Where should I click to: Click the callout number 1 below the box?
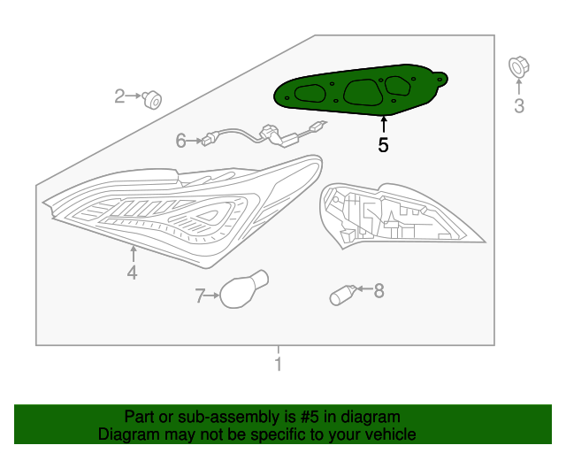click(x=278, y=364)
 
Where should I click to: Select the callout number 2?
click(x=119, y=96)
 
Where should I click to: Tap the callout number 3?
click(x=519, y=106)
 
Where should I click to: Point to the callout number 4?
click(x=132, y=273)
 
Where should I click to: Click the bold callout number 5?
click(x=383, y=145)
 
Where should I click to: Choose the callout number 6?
click(x=180, y=141)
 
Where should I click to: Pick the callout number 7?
click(x=200, y=296)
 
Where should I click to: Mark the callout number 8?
click(x=379, y=291)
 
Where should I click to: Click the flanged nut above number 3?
click(x=519, y=67)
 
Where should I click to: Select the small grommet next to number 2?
click(x=152, y=100)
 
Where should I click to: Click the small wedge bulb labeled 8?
click(x=343, y=296)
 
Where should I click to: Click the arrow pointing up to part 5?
click(x=384, y=124)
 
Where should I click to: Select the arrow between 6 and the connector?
click(x=195, y=141)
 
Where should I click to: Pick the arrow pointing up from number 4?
click(x=134, y=254)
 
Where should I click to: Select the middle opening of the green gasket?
click(x=363, y=93)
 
